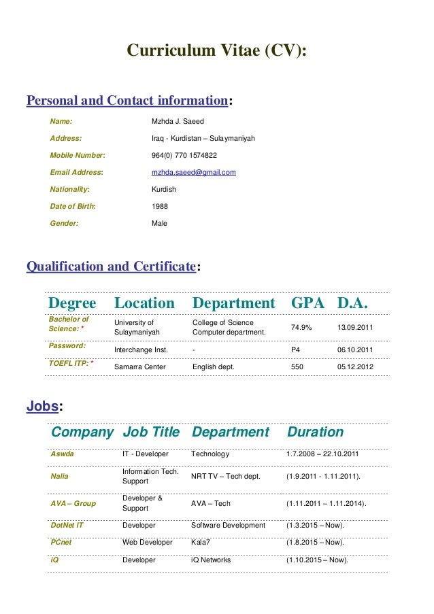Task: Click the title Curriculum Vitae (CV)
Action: point(218,52)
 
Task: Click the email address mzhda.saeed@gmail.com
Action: point(193,173)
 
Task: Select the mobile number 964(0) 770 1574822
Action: point(184,156)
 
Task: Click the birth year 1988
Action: point(159,207)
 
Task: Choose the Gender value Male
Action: point(159,224)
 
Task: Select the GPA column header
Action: point(307,303)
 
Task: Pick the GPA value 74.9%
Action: point(301,328)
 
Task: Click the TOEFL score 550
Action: point(297,367)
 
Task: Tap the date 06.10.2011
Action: point(355,350)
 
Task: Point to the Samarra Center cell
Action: point(140,367)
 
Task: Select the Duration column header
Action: point(315,432)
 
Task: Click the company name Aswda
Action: point(62,454)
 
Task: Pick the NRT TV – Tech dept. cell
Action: point(226,477)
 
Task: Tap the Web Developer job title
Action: point(148,543)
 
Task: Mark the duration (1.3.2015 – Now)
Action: point(315,526)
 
